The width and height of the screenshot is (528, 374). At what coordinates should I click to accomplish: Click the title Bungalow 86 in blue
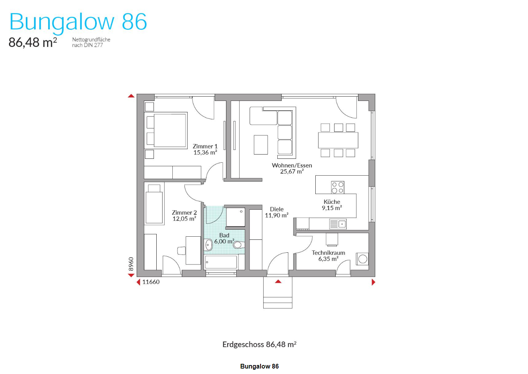coord(78,22)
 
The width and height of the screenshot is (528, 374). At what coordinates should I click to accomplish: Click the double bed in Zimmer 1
coord(166,130)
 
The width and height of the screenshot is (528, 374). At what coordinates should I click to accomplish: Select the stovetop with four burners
coord(338,187)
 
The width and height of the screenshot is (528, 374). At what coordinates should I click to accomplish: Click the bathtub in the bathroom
coord(221,262)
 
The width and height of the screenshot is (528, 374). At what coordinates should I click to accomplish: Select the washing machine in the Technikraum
coord(363,259)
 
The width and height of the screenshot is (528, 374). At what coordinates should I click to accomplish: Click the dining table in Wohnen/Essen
coord(338,140)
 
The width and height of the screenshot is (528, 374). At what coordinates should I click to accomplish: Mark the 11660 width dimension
coord(151,282)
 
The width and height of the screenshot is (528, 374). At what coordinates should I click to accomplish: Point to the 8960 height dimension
coord(131,264)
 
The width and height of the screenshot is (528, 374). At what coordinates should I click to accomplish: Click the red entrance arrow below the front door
coord(278,281)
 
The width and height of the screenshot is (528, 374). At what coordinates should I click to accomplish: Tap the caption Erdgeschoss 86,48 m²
coord(259,345)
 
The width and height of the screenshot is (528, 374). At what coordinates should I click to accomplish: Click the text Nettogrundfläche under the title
coord(91,40)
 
